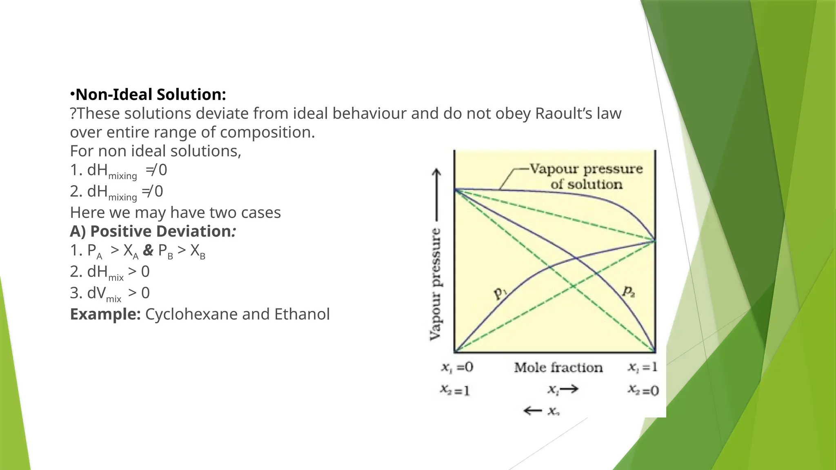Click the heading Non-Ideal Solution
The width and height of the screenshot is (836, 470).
pos(150,95)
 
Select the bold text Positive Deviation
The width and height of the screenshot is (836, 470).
pos(160,231)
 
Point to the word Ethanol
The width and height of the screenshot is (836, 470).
pos(302,314)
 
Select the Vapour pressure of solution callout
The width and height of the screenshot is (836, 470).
pos(586,176)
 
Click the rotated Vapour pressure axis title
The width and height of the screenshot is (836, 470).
pos(436,284)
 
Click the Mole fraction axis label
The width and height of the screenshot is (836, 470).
pos(558,368)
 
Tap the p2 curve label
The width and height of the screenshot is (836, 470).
pos(628,291)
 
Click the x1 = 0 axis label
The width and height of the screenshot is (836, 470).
pos(457,367)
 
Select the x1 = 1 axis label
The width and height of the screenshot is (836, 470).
pos(643,367)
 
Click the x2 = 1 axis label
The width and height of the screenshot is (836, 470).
pos(455,390)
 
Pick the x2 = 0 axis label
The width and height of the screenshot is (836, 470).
pos(643,390)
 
